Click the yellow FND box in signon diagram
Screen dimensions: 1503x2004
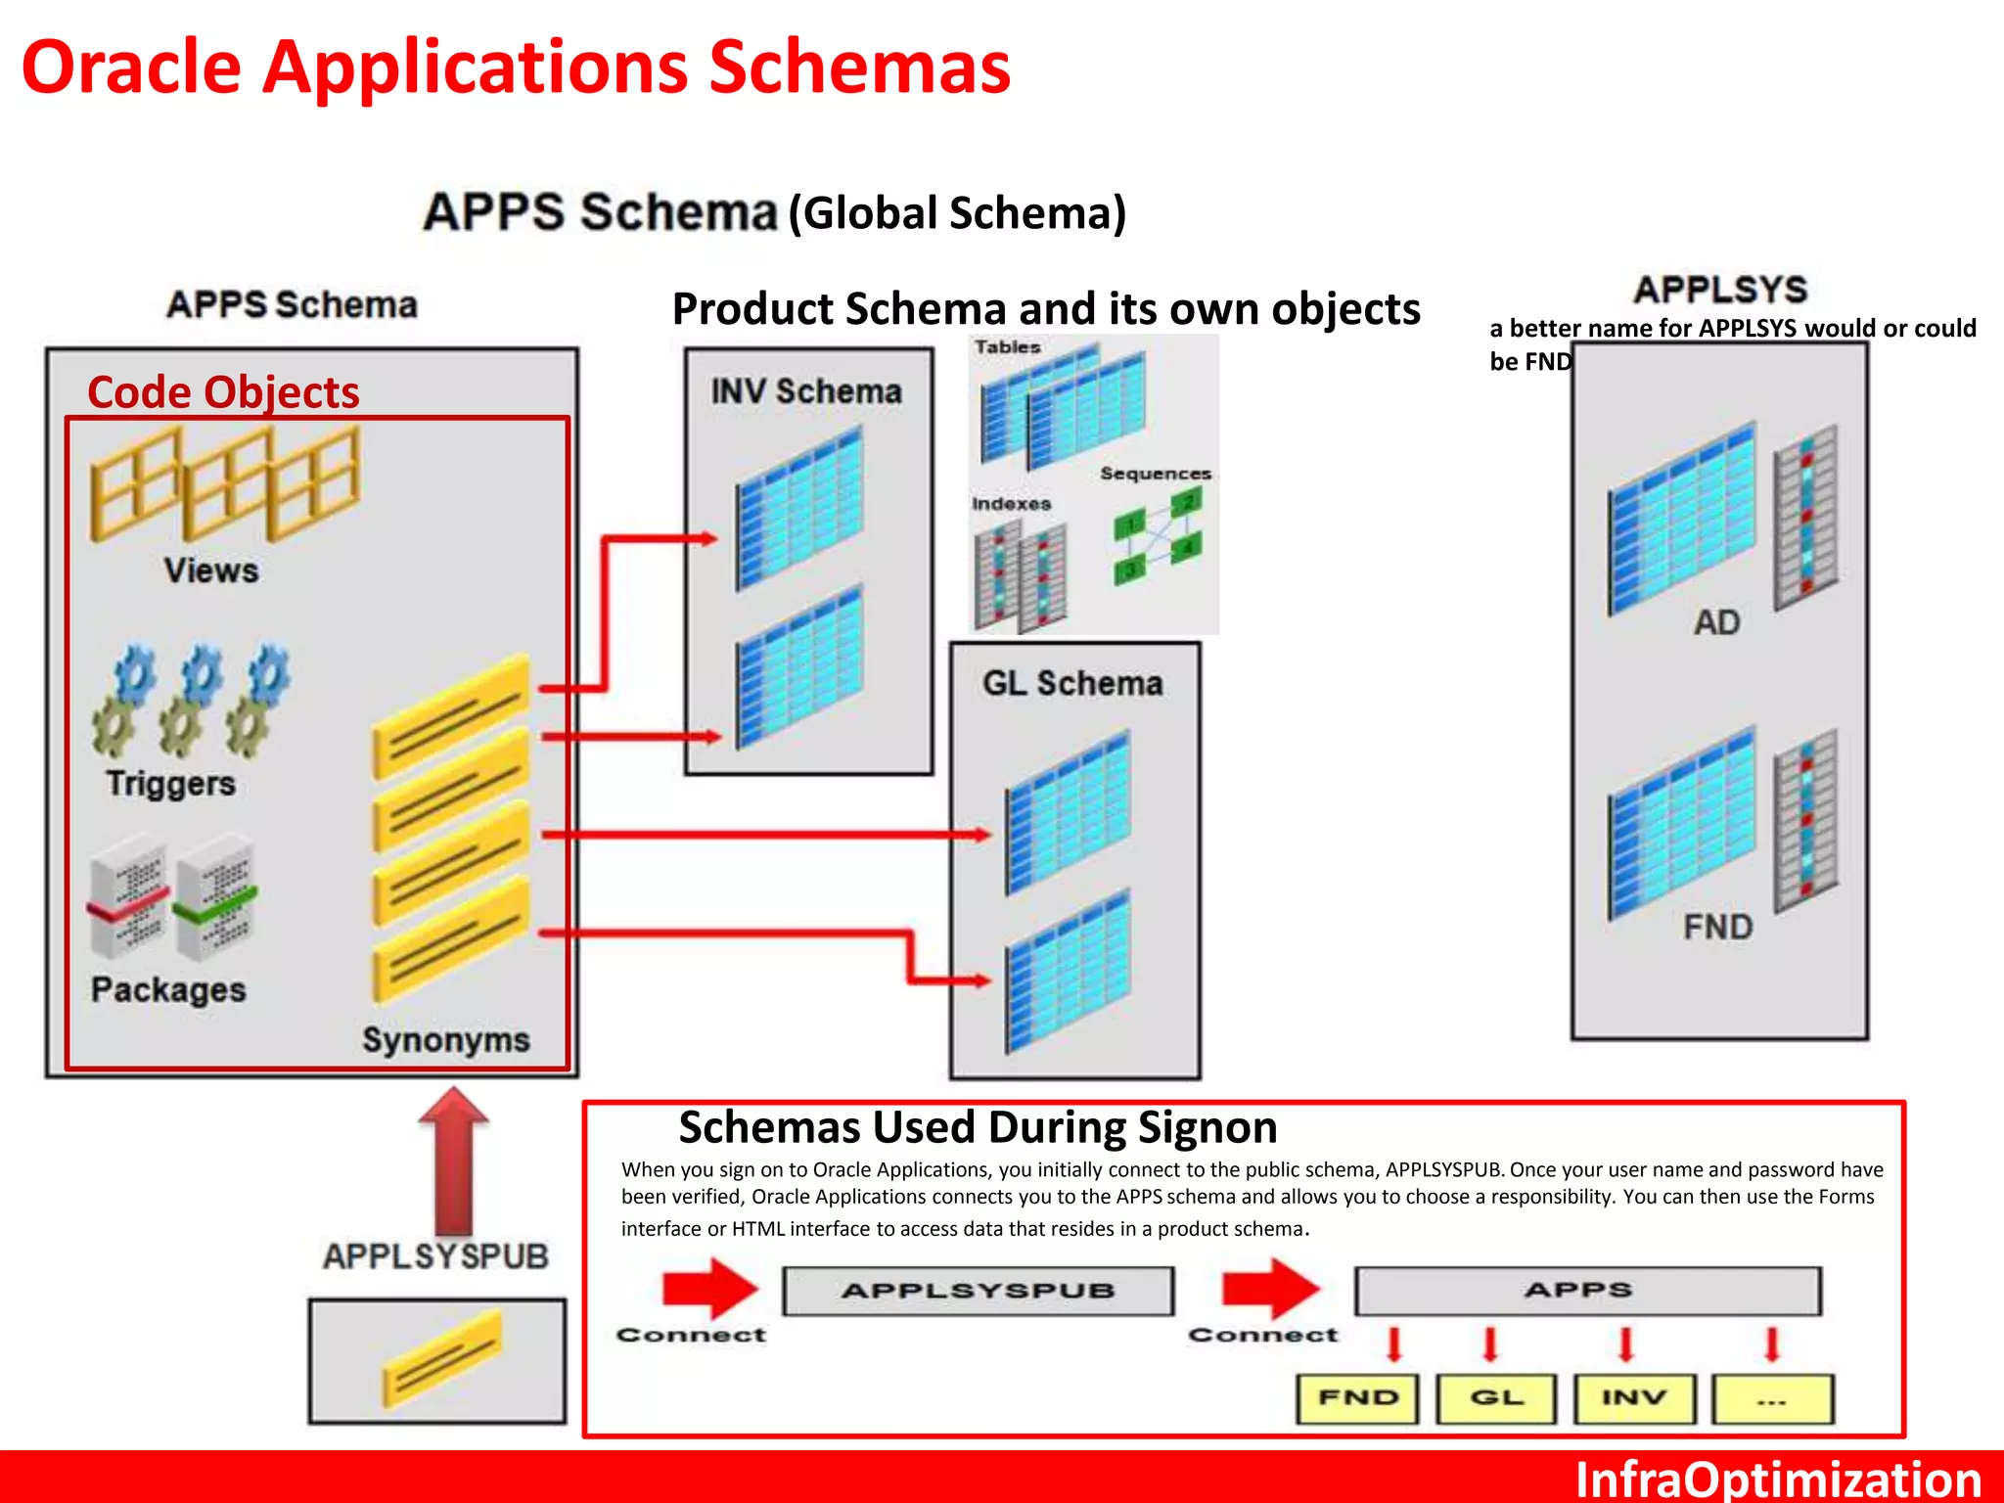[x=1357, y=1398]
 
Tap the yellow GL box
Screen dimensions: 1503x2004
[x=1495, y=1398]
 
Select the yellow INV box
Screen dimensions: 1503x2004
[x=1633, y=1398]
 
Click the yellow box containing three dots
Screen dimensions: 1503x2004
[x=1771, y=1399]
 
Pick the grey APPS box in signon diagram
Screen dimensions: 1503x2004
[x=1586, y=1291]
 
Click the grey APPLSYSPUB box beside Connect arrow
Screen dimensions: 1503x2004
[x=978, y=1291]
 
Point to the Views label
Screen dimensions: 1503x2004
[x=211, y=570]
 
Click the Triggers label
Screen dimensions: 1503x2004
[x=171, y=784]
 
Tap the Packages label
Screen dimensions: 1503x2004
[x=168, y=990]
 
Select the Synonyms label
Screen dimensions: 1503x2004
[x=446, y=1039]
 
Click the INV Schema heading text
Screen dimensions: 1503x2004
[x=806, y=391]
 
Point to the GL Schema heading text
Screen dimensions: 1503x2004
[x=1072, y=683]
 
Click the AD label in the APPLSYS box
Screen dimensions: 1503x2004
[x=1716, y=622]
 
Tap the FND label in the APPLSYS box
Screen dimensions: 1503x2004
[x=1717, y=927]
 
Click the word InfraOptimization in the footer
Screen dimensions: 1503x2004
[x=1777, y=1480]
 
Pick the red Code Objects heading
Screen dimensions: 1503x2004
[x=223, y=392]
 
